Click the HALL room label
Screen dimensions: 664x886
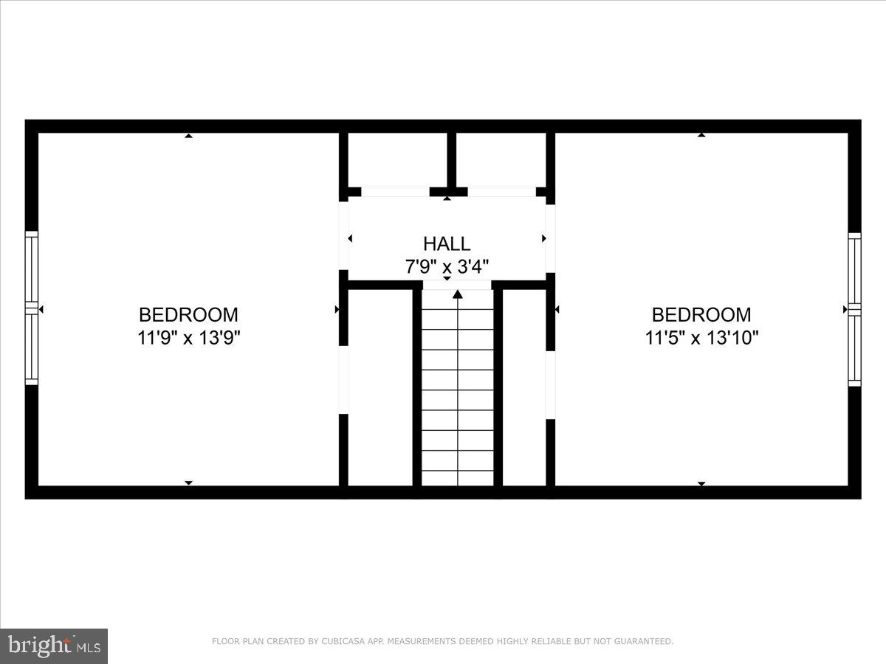pyautogui.click(x=446, y=243)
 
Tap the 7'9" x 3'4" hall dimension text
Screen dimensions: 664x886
pyautogui.click(x=446, y=266)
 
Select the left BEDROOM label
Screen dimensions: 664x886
pyautogui.click(x=188, y=315)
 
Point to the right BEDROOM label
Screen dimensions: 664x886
pyautogui.click(x=701, y=315)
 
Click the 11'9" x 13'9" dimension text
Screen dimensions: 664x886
pyautogui.click(x=188, y=338)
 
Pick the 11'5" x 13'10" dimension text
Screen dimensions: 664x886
pyautogui.click(x=701, y=338)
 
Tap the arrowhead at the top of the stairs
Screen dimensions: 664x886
pyautogui.click(x=458, y=294)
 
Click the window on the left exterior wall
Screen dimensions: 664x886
pyautogui.click(x=31, y=308)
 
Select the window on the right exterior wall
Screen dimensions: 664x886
pyautogui.click(x=854, y=309)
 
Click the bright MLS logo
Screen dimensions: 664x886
pyautogui.click(x=54, y=646)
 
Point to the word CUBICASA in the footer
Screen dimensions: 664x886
pyautogui.click(x=340, y=642)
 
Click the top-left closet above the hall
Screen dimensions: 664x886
pyautogui.click(x=397, y=159)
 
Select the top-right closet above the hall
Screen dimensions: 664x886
pyautogui.click(x=501, y=159)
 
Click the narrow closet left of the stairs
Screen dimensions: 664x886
pyautogui.click(x=380, y=387)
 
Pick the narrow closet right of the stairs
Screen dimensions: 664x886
pyautogui.click(x=523, y=387)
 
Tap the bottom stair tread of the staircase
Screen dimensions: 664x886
pyautogui.click(x=458, y=478)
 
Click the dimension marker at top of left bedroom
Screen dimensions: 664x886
pyautogui.click(x=188, y=136)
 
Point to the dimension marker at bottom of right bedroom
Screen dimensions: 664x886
pyautogui.click(x=701, y=483)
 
